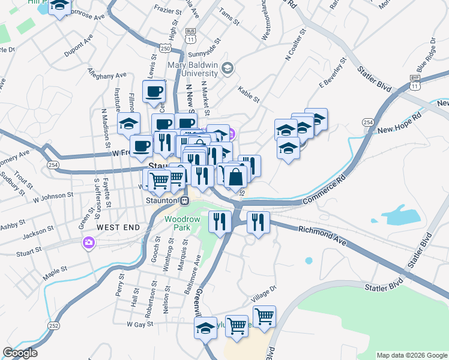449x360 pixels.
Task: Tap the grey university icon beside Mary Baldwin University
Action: point(227,68)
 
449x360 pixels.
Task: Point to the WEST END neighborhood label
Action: point(118,228)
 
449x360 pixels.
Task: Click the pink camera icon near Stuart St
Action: point(89,242)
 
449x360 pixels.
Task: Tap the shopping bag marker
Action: point(236,178)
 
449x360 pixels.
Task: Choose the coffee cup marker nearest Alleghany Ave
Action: point(154,92)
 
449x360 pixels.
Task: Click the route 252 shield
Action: point(54,326)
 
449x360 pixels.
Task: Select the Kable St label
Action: point(248,94)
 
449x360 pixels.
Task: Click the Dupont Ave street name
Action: point(79,46)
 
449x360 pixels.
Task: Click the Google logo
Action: point(20,353)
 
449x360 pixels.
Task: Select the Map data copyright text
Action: point(412,355)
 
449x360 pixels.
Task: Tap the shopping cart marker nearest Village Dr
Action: point(264,316)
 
